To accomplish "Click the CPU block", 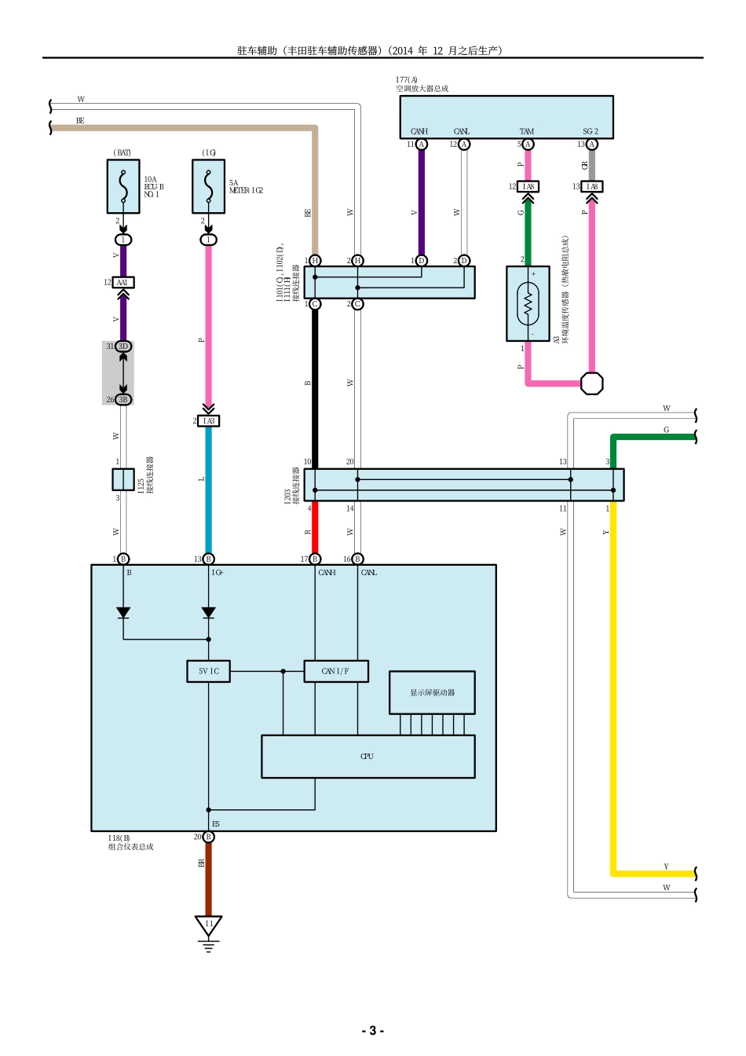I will click(x=368, y=757).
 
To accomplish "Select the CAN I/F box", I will click(x=335, y=671).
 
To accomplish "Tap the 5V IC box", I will click(x=209, y=671).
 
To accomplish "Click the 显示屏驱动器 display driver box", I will click(x=432, y=692).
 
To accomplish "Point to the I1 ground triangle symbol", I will click(x=208, y=926).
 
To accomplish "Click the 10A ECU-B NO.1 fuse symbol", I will click(x=123, y=187).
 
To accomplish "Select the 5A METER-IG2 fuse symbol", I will click(x=208, y=187).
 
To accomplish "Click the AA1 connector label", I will click(x=123, y=282).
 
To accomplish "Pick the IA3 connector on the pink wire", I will click(x=208, y=421).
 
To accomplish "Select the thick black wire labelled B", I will click(x=315, y=385).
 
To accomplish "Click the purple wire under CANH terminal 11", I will click(x=421, y=204).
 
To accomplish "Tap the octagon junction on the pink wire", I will click(x=592, y=383).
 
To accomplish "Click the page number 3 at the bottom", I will click(x=372, y=1031).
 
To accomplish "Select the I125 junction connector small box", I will click(x=123, y=479).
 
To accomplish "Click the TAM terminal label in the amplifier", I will click(x=527, y=131).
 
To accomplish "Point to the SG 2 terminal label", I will click(x=591, y=131).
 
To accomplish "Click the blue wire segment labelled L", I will click(x=208, y=487).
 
